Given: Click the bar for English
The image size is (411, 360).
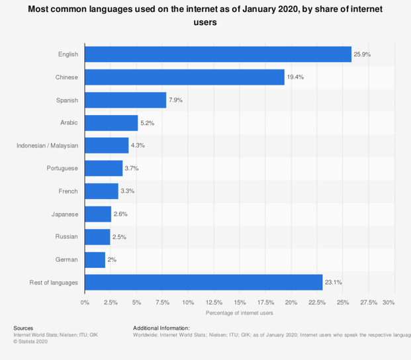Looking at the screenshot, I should pyautogui.click(x=218, y=54).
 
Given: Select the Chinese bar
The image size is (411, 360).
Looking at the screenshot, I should pyautogui.click(x=185, y=77).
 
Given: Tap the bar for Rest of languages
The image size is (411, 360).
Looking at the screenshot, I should pyautogui.click(x=203, y=283).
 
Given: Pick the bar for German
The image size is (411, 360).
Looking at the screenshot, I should pyautogui.click(x=95, y=259).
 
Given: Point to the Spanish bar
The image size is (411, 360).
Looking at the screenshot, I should pyautogui.click(x=125, y=100).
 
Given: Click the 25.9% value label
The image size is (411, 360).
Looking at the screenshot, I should pyautogui.click(x=362, y=54).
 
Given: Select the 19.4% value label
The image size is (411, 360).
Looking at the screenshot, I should pyautogui.click(x=295, y=77).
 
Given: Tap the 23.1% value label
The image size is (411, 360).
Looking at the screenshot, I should pyautogui.click(x=333, y=283).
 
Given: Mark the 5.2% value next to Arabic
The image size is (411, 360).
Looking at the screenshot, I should pyautogui.click(x=149, y=123).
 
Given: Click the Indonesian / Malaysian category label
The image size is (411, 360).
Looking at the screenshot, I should pyautogui.click(x=47, y=146).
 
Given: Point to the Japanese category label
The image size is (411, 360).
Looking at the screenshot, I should pyautogui.click(x=65, y=214).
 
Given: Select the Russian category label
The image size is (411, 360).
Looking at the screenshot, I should pyautogui.click(x=66, y=236).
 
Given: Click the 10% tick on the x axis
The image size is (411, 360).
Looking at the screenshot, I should pyautogui.click(x=188, y=302).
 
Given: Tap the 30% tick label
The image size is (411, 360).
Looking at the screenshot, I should pyautogui.click(x=388, y=302).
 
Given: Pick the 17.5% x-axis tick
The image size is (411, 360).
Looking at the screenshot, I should pyautogui.click(x=265, y=302).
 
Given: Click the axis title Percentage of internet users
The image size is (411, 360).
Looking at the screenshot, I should pyautogui.click(x=239, y=312).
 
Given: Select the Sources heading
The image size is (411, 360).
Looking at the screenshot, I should pyautogui.click(x=23, y=328).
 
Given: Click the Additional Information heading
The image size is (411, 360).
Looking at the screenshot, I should pyautogui.click(x=161, y=328).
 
